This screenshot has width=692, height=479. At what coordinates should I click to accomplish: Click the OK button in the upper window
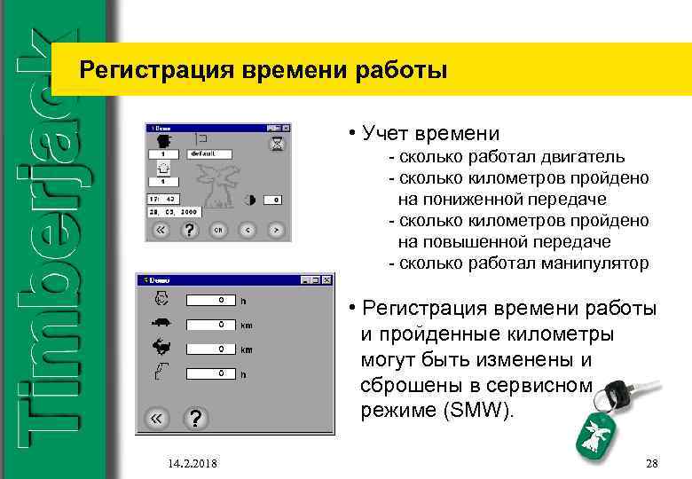point(218,230)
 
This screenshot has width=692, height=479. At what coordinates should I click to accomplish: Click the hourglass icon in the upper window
point(278,142)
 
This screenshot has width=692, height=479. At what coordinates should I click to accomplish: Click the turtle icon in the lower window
point(161,323)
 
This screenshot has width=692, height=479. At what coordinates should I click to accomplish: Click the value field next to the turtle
point(210,325)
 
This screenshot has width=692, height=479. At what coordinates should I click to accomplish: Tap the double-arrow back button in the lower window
point(157,419)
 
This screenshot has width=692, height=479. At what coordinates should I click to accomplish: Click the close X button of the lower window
point(327,280)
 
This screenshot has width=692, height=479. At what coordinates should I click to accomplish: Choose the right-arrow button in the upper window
point(278,230)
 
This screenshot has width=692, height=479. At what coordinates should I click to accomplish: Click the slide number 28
point(651,463)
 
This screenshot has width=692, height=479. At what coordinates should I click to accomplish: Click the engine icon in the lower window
point(161,299)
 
